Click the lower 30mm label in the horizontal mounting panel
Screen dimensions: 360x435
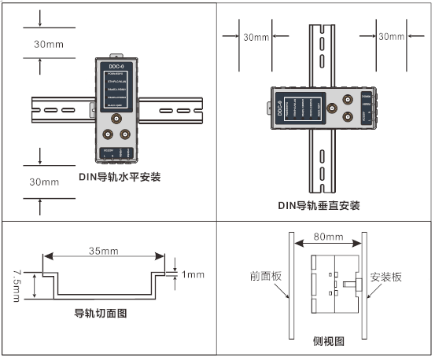44,182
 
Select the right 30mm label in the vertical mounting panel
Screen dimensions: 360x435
391,36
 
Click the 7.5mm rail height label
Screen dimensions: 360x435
17,286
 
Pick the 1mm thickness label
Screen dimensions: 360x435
192,274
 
